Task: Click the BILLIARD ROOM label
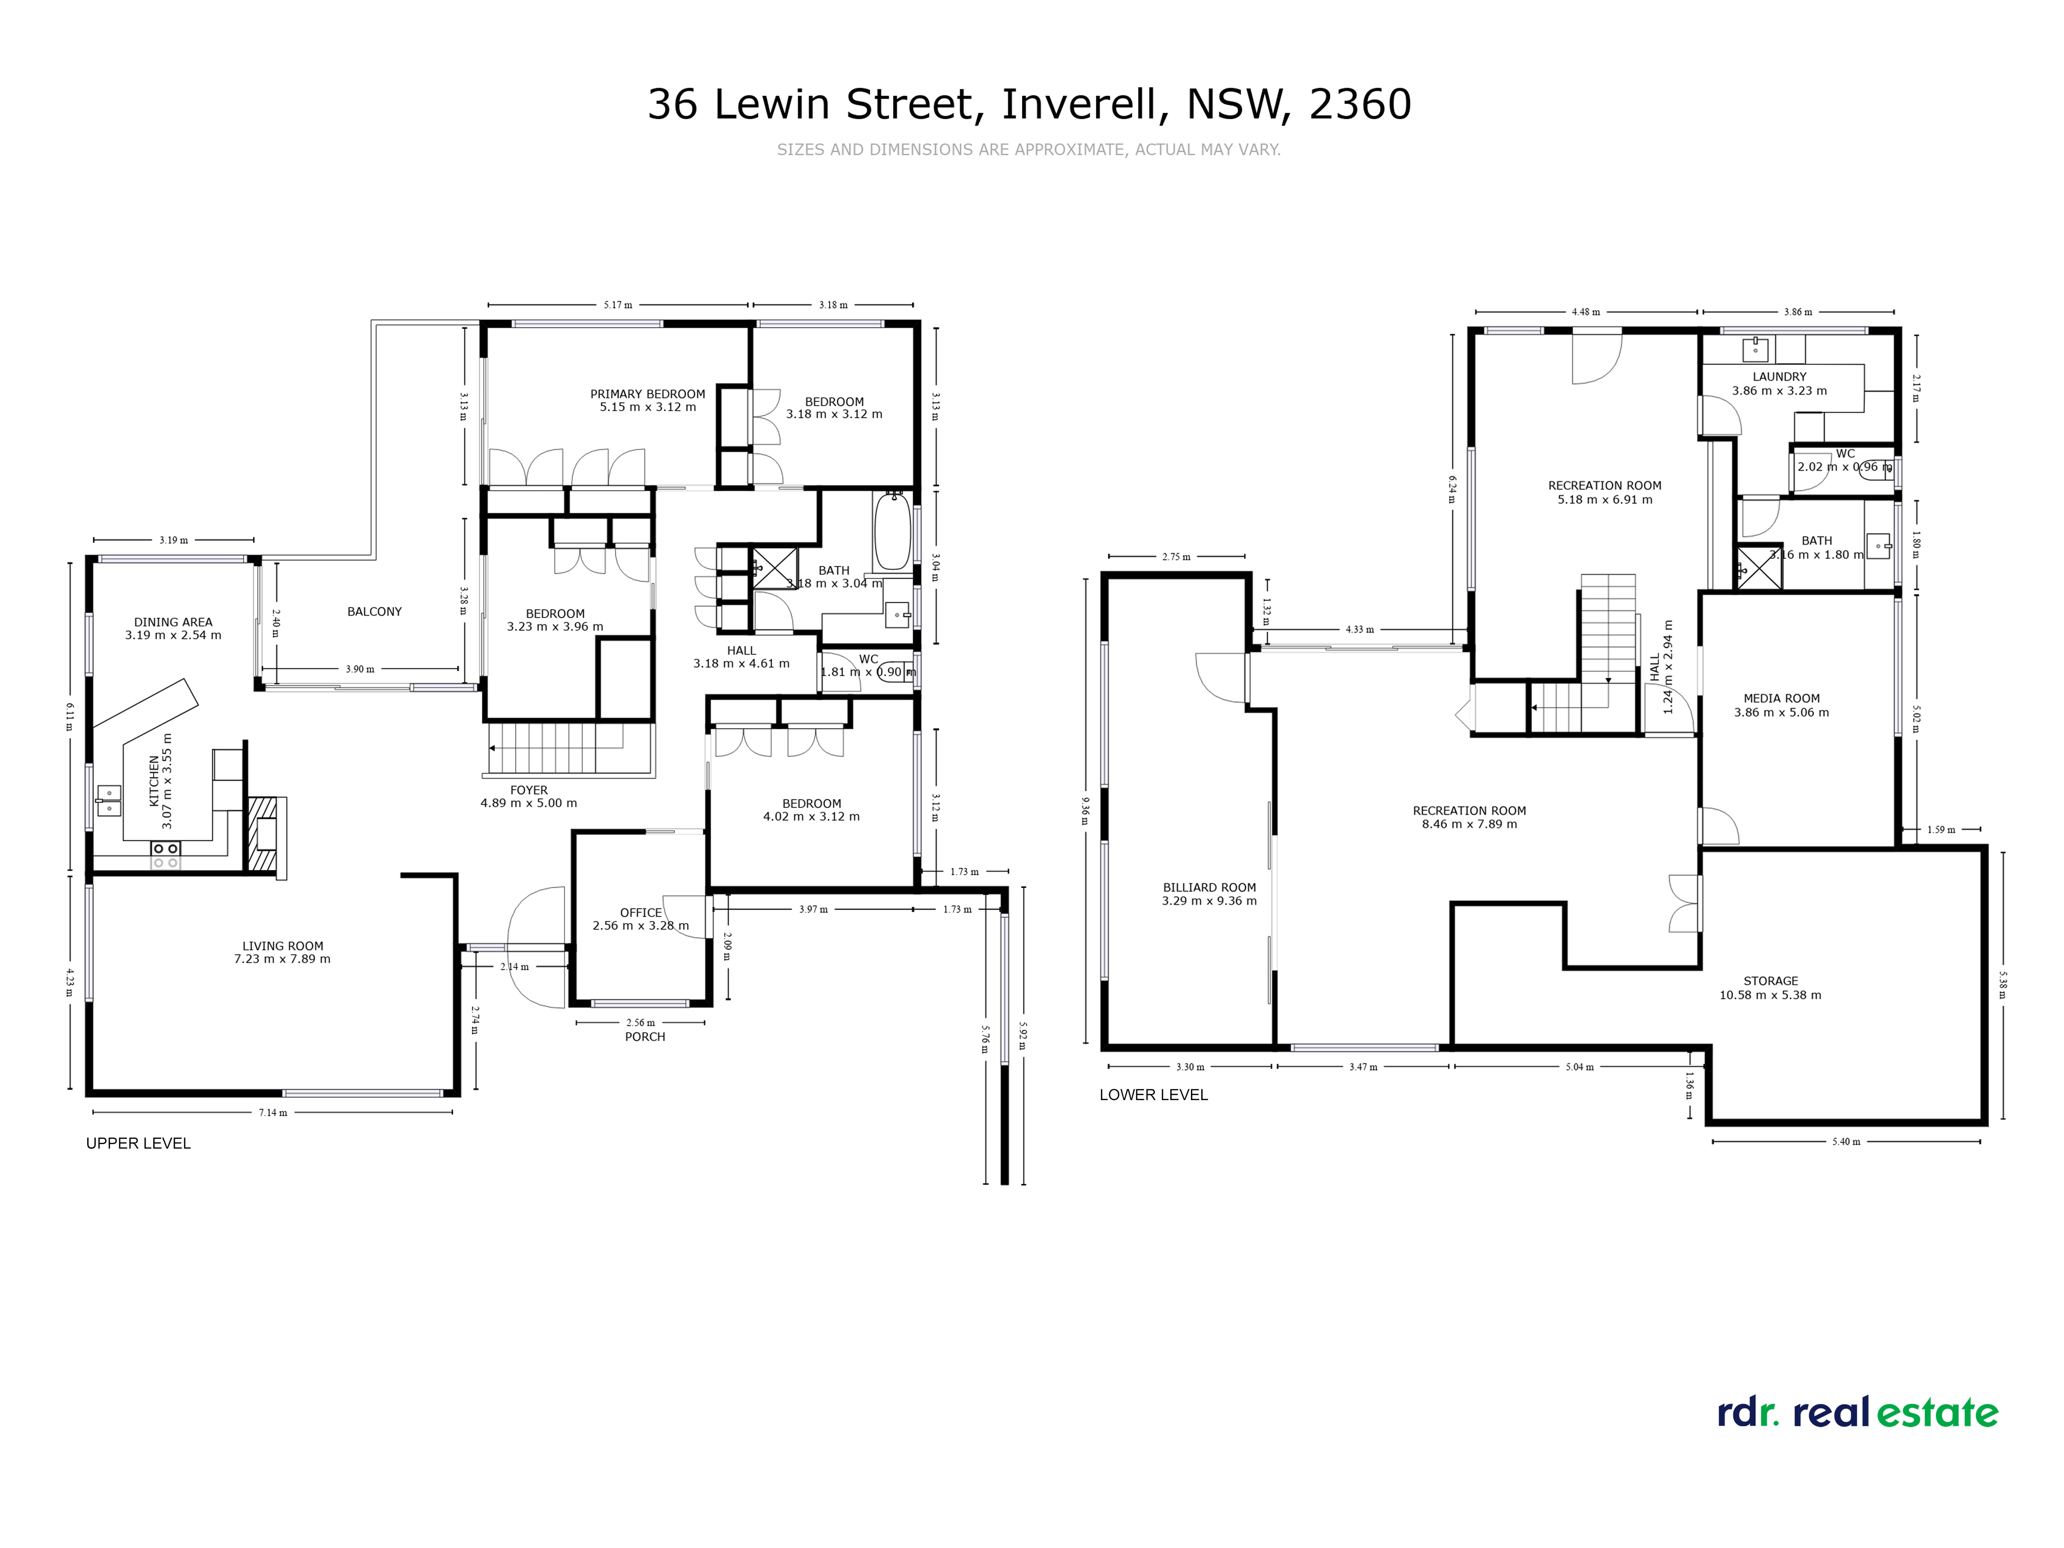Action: point(1210,888)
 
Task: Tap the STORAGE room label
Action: point(1770,981)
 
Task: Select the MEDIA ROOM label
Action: point(1781,698)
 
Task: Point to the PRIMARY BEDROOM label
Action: point(648,394)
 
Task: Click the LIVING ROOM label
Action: point(283,945)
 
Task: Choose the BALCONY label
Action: point(374,611)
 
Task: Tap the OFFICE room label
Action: point(641,913)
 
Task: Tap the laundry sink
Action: point(1755,350)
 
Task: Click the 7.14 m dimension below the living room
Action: point(272,1112)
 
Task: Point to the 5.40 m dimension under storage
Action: point(1846,1141)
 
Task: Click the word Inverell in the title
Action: point(1083,105)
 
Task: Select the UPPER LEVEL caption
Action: point(138,1143)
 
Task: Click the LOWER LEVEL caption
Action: point(1153,1094)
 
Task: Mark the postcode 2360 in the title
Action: point(1361,105)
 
